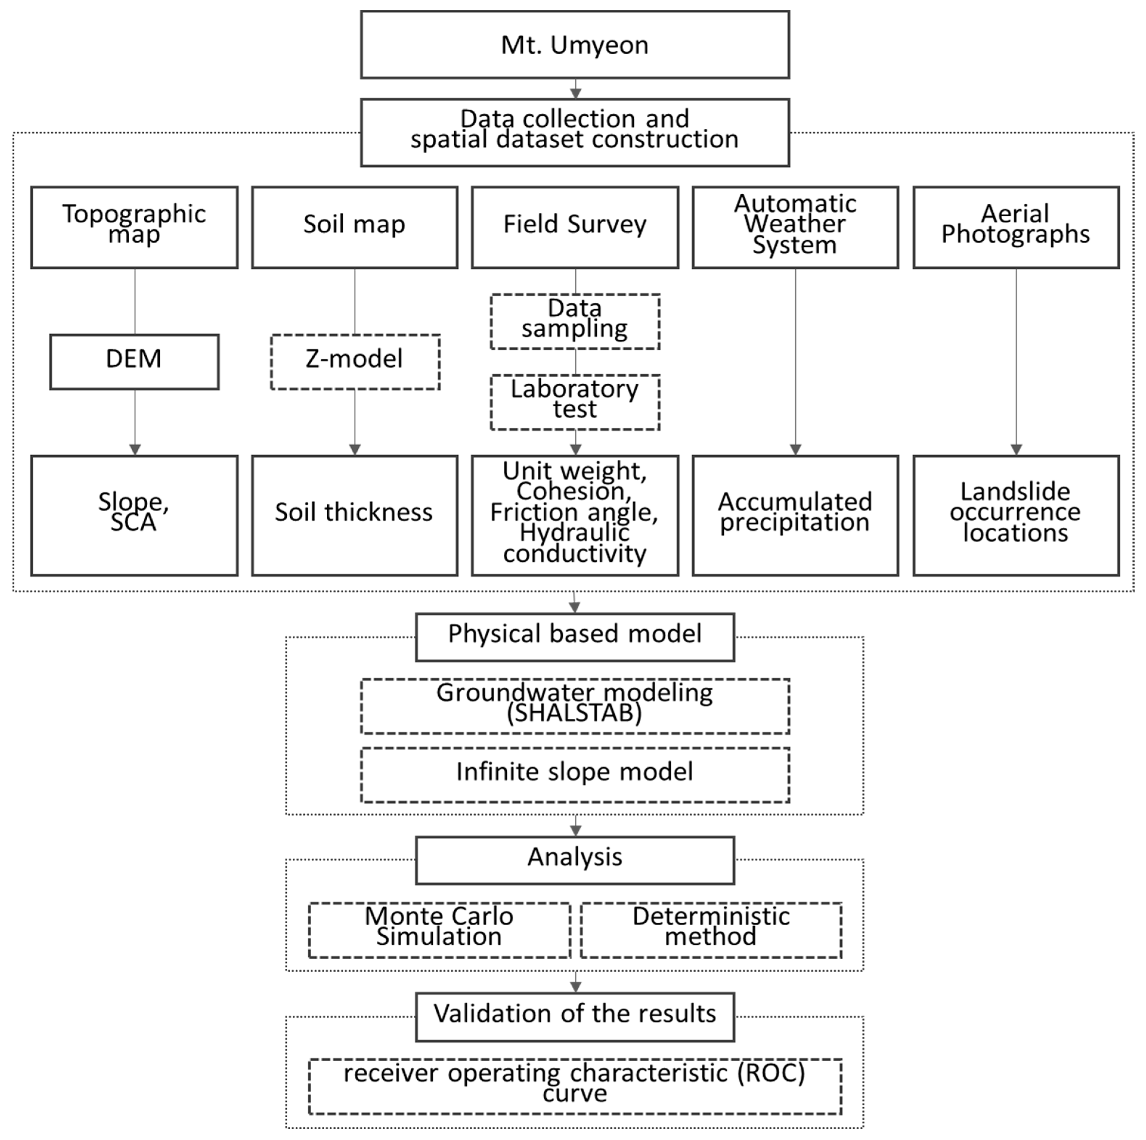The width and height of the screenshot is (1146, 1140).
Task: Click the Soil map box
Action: pos(355,227)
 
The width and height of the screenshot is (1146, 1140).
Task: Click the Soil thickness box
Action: pos(355,515)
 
